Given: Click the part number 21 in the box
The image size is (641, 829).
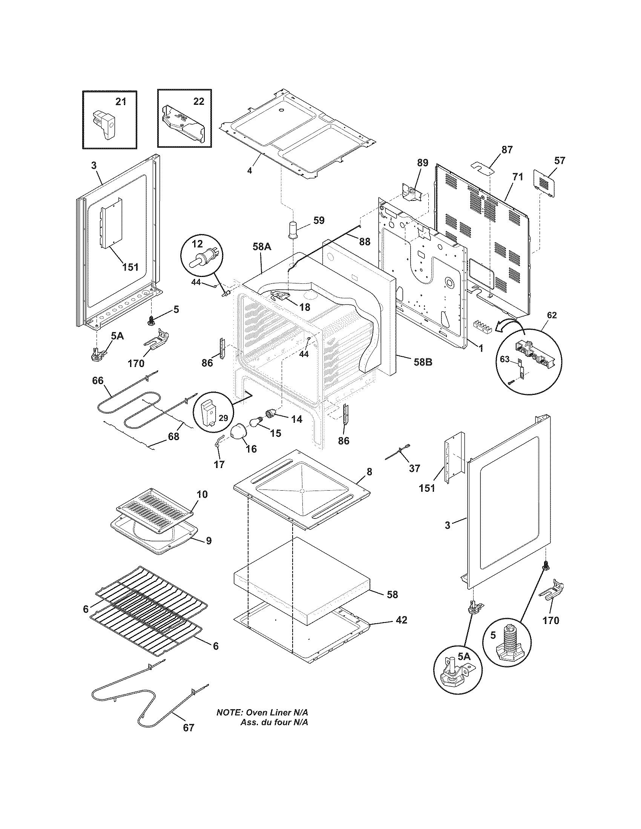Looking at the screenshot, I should (x=120, y=102).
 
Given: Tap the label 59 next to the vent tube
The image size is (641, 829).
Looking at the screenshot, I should (x=319, y=220).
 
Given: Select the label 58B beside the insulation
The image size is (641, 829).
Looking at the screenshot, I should (x=423, y=362).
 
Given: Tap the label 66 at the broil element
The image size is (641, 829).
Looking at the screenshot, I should (x=98, y=380).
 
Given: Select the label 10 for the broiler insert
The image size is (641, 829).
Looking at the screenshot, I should (x=202, y=494).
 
